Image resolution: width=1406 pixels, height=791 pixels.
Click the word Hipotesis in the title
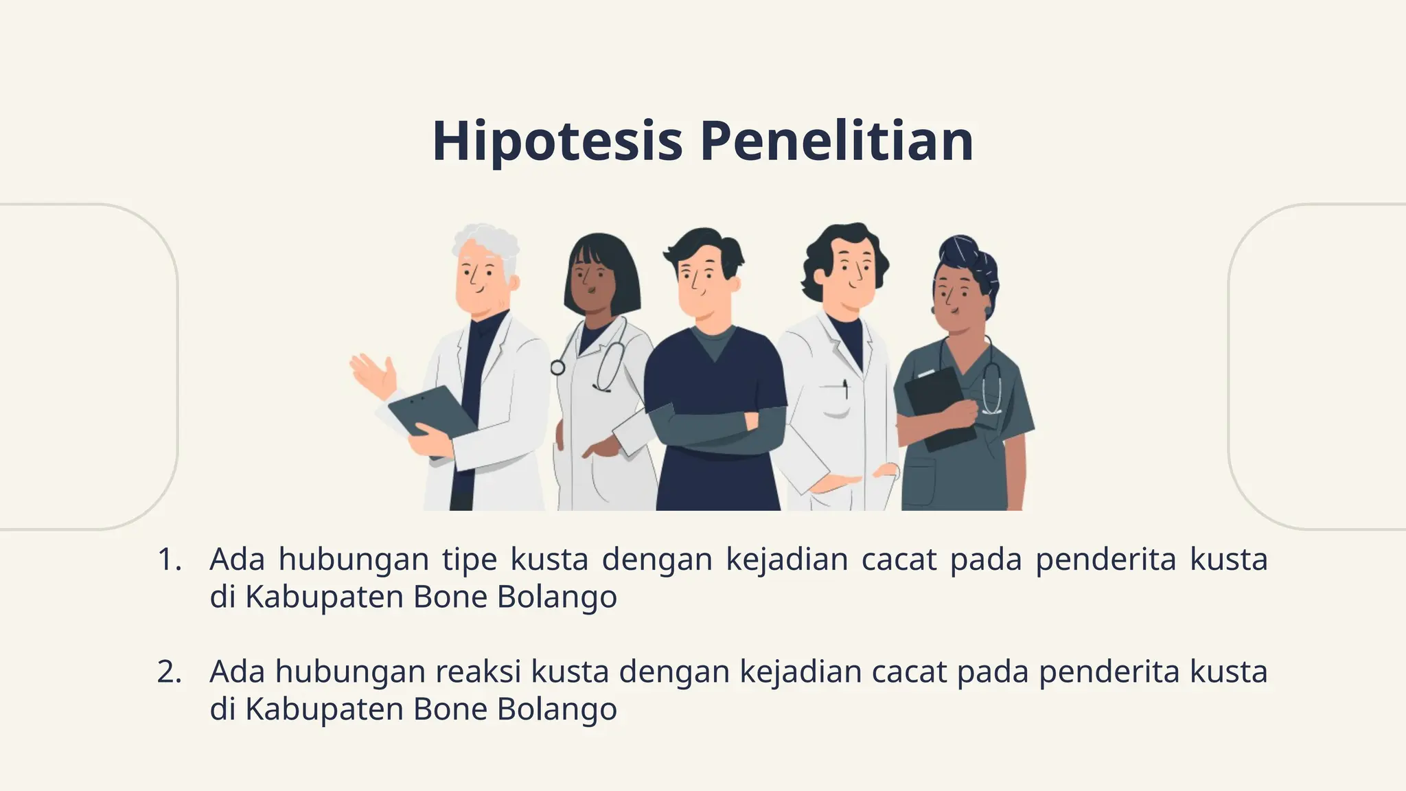(557, 141)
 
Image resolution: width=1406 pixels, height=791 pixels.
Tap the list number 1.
(169, 560)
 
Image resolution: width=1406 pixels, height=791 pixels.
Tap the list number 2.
(169, 672)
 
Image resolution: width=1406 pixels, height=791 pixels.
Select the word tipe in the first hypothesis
(470, 560)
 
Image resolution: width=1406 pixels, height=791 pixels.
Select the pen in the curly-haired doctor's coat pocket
(845, 389)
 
